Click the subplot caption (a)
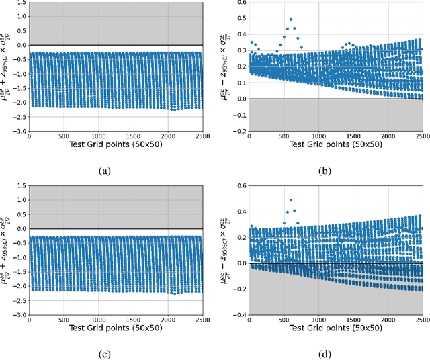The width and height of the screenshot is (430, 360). point(104,171)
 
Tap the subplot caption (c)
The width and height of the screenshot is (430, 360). point(104,353)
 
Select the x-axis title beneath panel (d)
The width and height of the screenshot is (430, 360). point(336,328)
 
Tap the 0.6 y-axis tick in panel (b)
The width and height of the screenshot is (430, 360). point(240,3)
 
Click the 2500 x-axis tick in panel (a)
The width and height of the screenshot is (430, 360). point(203,137)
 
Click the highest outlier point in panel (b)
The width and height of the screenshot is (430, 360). point(291,19)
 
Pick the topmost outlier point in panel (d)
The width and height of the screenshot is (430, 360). point(291,200)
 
